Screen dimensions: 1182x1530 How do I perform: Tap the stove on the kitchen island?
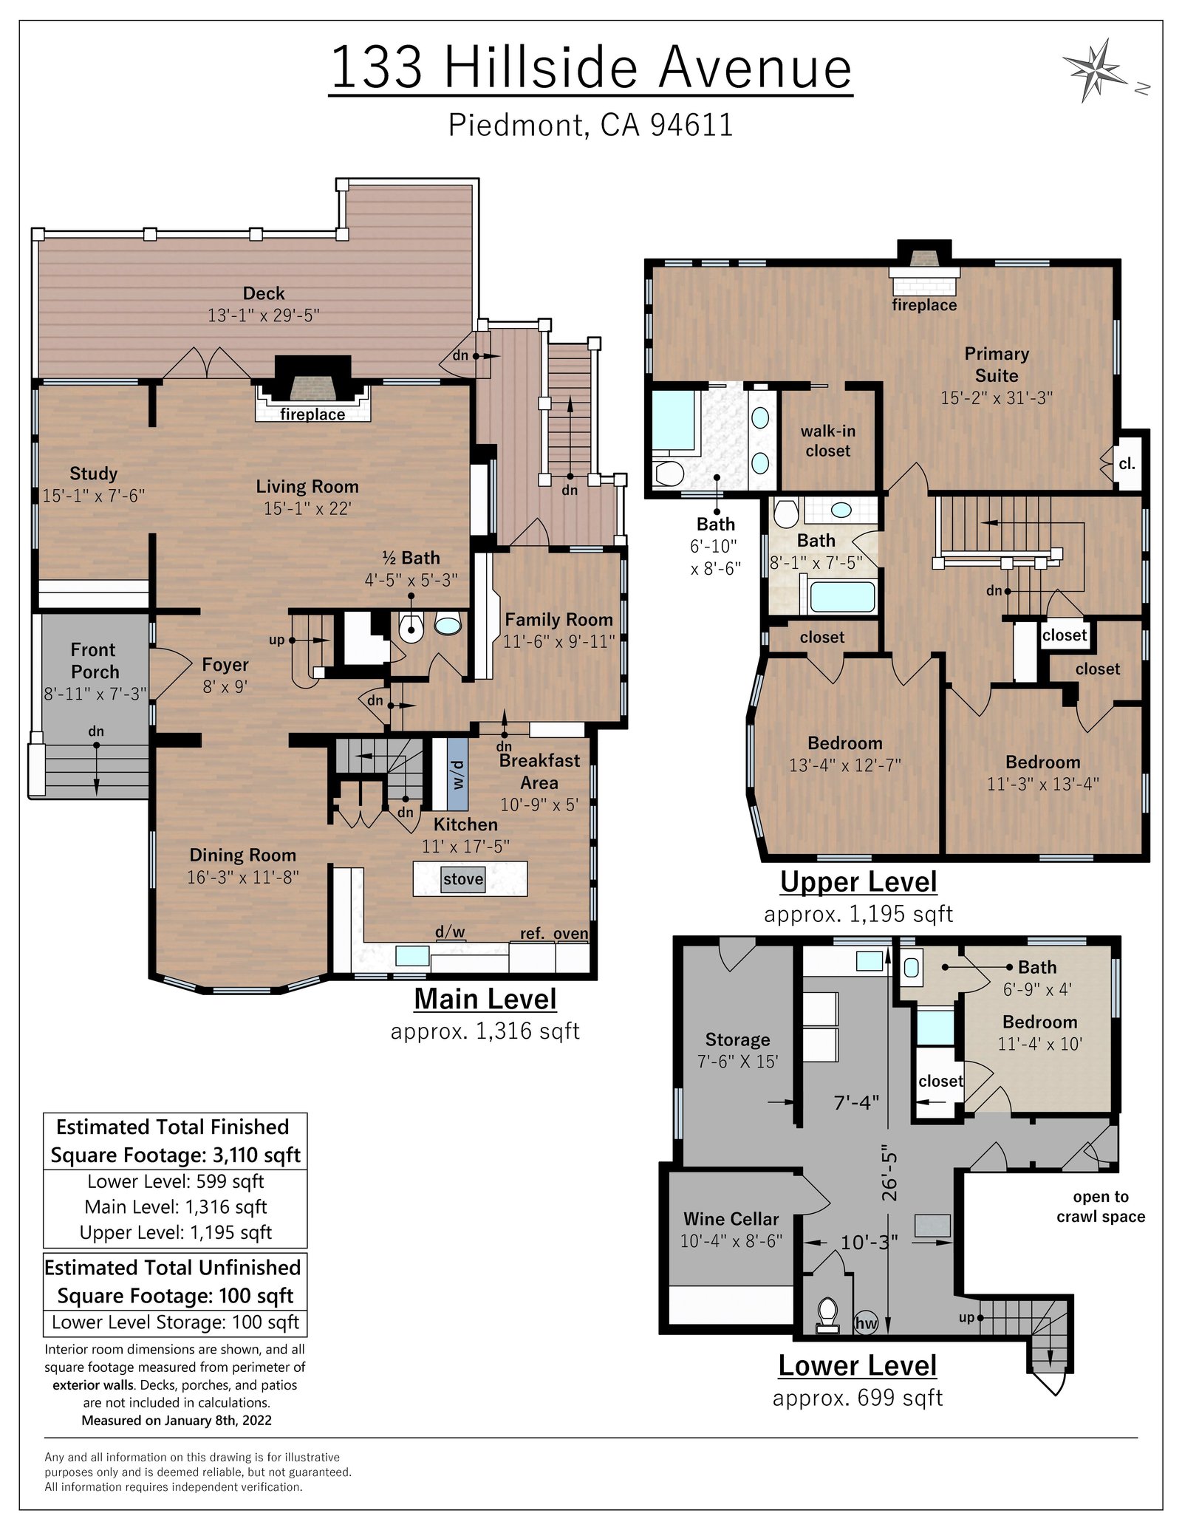463,879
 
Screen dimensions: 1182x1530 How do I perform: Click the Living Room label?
307,487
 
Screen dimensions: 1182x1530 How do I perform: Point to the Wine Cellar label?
731,1219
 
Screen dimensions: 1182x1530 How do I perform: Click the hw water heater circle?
866,1323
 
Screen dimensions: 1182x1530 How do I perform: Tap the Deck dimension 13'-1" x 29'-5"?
264,315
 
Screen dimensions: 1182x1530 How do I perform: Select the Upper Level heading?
858,882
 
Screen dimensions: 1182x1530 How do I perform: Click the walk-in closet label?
828,441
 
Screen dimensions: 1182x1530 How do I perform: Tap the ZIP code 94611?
691,125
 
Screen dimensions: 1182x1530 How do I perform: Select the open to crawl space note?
1101,1206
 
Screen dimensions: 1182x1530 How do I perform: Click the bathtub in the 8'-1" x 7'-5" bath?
842,597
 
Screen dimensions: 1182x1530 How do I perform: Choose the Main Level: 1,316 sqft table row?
176,1206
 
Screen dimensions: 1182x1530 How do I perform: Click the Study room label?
94,474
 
